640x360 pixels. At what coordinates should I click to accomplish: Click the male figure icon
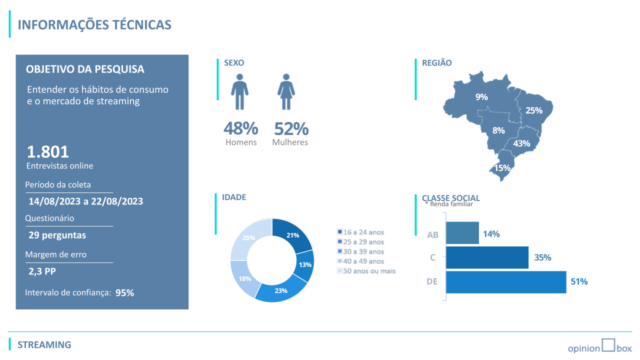pyautogui.click(x=240, y=92)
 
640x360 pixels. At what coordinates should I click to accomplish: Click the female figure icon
pyautogui.click(x=286, y=92)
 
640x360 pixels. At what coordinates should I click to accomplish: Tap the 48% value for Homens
pyautogui.click(x=240, y=128)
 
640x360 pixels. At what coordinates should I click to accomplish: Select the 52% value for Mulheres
pyautogui.click(x=291, y=128)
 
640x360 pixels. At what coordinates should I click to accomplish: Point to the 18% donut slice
pyautogui.click(x=245, y=278)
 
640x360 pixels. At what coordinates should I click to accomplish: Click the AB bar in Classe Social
pyautogui.click(x=462, y=233)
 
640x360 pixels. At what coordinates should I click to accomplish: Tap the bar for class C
pyautogui.click(x=487, y=257)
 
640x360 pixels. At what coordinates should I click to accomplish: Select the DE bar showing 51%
pyautogui.click(x=505, y=281)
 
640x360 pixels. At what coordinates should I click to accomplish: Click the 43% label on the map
pyautogui.click(x=521, y=143)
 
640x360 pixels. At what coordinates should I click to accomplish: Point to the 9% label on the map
pyautogui.click(x=481, y=97)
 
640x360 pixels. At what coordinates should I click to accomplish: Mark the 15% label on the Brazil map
pyautogui.click(x=502, y=168)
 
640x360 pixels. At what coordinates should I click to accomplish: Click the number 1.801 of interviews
pyautogui.click(x=48, y=151)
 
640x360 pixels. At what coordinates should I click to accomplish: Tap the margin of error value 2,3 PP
pyautogui.click(x=42, y=271)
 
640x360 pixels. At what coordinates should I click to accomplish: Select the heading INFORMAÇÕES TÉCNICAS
pyautogui.click(x=94, y=25)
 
